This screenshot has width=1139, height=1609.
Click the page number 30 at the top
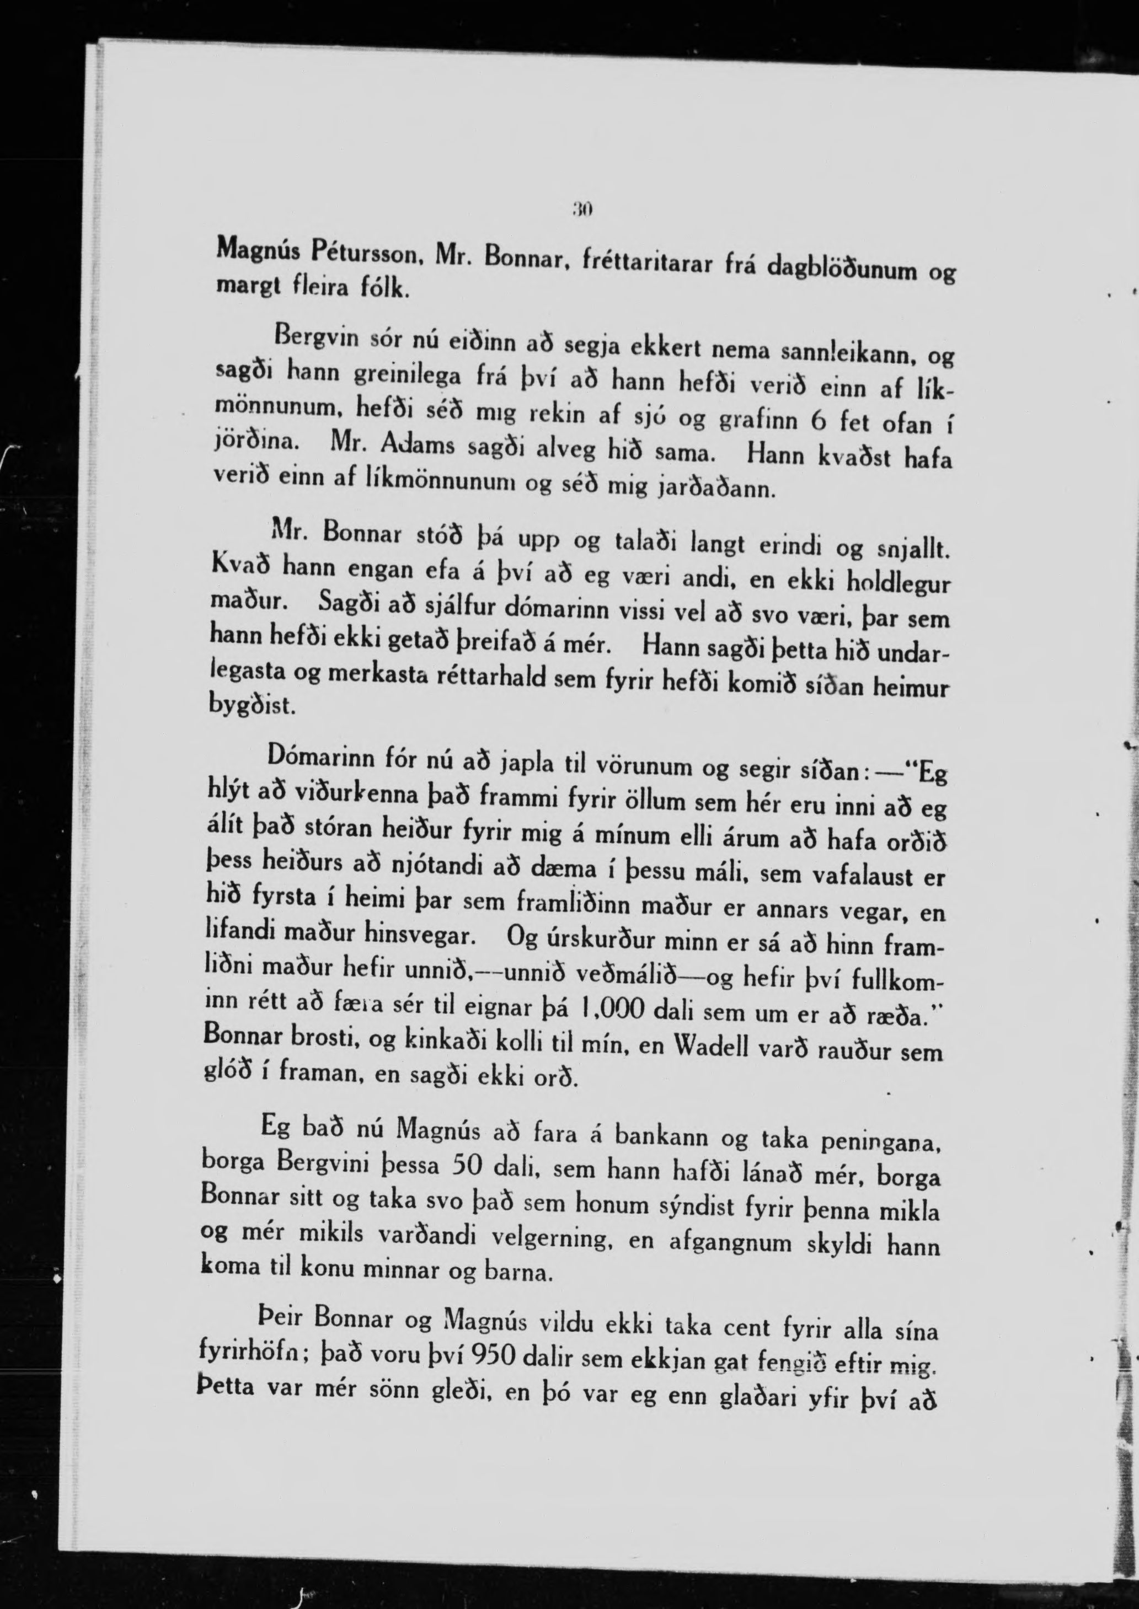click(582, 208)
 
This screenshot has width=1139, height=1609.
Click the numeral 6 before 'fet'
click(816, 421)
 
